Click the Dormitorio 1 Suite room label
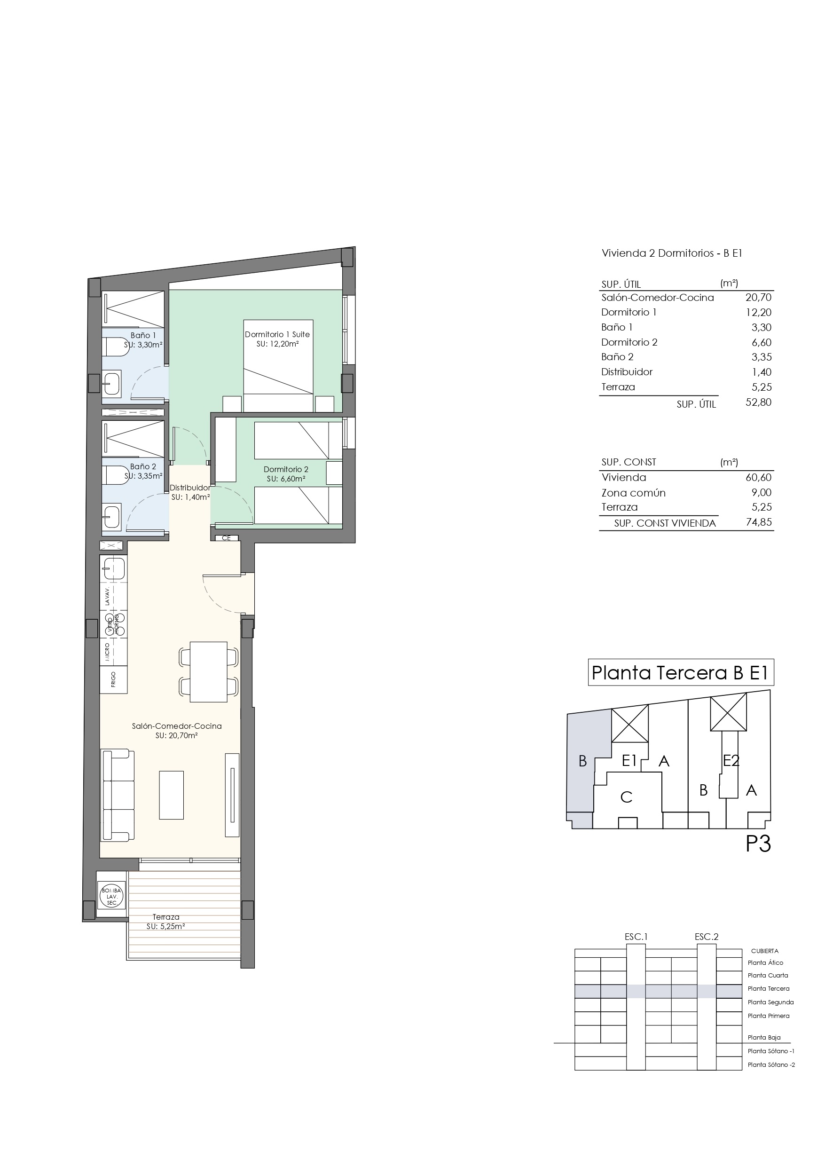pyautogui.click(x=277, y=334)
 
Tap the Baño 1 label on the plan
pyautogui.click(x=143, y=335)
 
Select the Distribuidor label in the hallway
pyautogui.click(x=189, y=488)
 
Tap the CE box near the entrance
pyautogui.click(x=226, y=538)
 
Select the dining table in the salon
pyautogui.click(x=208, y=672)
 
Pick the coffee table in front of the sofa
pyautogui.click(x=171, y=795)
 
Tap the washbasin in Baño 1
pyautogui.click(x=112, y=383)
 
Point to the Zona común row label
pyautogui.click(x=633, y=492)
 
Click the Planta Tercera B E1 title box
pyautogui.click(x=681, y=672)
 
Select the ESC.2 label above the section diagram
pyautogui.click(x=707, y=937)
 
